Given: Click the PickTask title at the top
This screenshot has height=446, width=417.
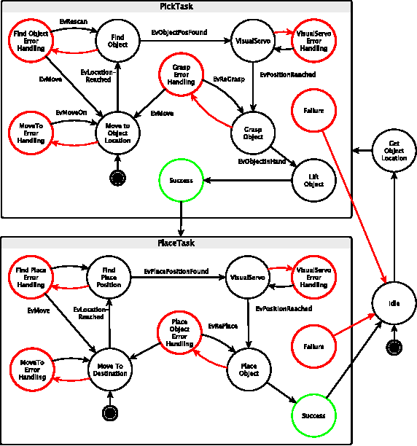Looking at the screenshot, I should click(x=176, y=6).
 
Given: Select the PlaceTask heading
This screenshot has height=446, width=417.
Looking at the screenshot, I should click(x=176, y=242).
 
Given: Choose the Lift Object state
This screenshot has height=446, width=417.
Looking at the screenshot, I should click(x=313, y=179).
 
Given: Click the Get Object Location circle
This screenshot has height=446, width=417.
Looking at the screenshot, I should click(x=394, y=151).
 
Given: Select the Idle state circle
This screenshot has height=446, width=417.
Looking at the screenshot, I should click(x=394, y=302).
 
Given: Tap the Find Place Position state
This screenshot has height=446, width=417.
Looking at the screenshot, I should click(x=109, y=278).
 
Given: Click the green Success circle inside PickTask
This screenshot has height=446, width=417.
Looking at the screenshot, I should click(x=181, y=180).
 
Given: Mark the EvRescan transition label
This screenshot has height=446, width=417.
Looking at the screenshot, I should click(x=73, y=22).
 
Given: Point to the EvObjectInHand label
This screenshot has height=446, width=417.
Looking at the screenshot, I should click(x=262, y=161).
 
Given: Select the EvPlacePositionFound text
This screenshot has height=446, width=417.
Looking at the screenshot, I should click(x=176, y=271).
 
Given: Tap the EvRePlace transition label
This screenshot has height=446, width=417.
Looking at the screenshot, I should click(x=220, y=326).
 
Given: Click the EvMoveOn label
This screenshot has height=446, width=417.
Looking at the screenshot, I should click(x=71, y=113).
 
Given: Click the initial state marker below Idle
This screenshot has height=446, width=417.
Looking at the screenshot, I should click(x=394, y=348).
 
